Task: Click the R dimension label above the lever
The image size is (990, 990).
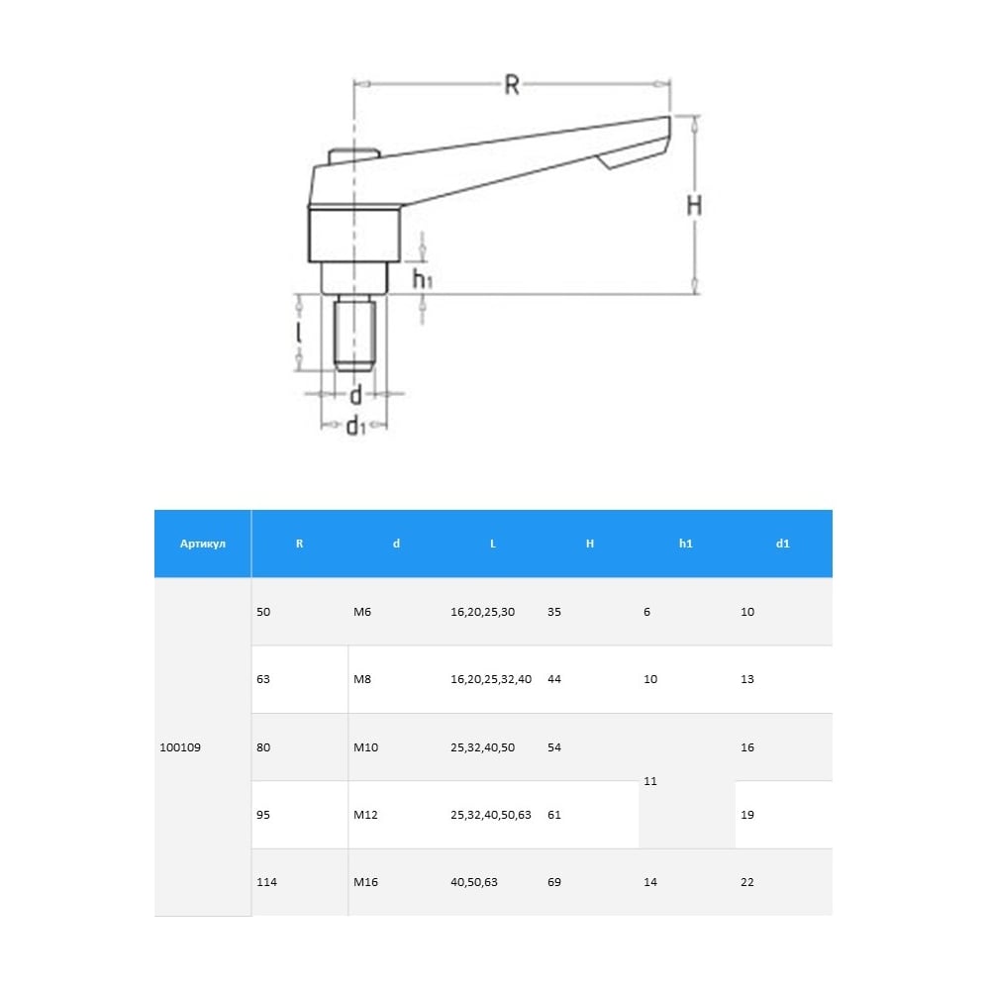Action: coord(512,84)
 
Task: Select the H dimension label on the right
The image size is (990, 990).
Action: coord(694,205)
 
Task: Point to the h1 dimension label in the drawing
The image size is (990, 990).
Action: coord(423,278)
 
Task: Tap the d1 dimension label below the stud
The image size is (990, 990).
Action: coord(356,425)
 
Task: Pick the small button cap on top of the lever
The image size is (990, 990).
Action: coord(353,155)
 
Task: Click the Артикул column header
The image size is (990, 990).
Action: coord(203,544)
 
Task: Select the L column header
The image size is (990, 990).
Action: coord(493,544)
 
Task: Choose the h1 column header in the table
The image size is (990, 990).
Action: coord(686,544)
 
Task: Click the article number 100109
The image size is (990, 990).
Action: coord(180,747)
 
